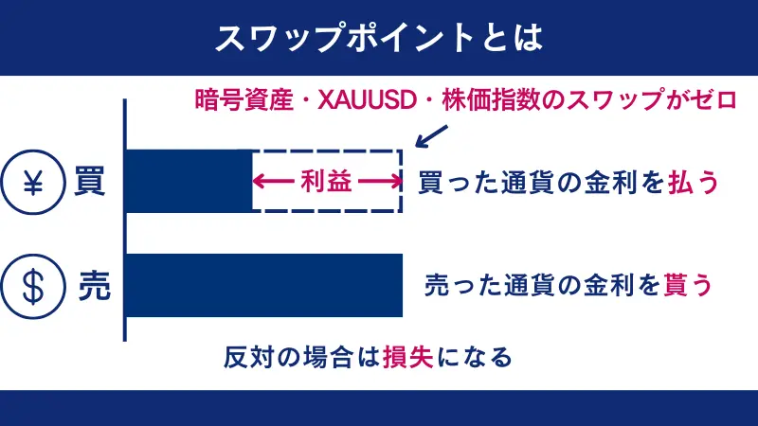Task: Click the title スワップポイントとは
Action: tap(379, 37)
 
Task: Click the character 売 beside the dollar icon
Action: tap(92, 285)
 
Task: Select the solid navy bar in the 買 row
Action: tap(189, 181)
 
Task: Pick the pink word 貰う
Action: tap(687, 284)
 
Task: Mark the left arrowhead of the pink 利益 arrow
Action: tap(258, 182)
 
